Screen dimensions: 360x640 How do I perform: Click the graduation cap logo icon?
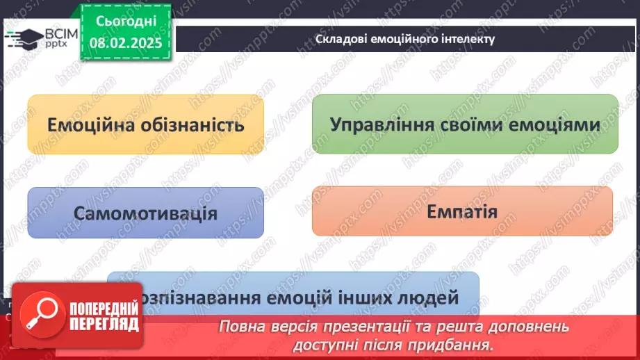click(x=22, y=38)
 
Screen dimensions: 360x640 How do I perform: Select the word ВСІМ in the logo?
click(x=59, y=34)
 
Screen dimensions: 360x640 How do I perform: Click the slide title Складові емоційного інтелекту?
click(x=405, y=39)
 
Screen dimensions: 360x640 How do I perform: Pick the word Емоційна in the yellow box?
click(x=85, y=125)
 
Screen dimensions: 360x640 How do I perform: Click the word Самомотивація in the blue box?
click(x=145, y=213)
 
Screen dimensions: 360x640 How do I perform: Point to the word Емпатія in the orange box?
click(x=461, y=211)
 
